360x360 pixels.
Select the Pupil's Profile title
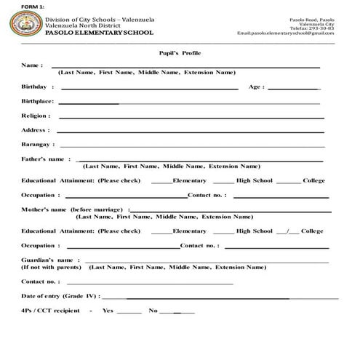coord(180,53)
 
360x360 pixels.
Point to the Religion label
coord(36,116)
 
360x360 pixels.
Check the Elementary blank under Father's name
coord(161,182)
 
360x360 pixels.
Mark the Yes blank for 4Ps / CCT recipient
coord(129,312)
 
